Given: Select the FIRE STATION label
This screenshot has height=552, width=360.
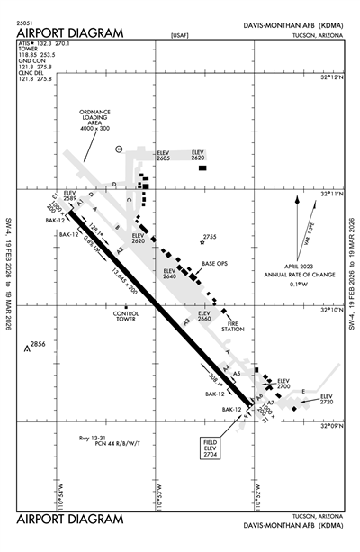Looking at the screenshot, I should click(234, 327).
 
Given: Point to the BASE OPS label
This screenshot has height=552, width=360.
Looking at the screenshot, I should click(215, 263).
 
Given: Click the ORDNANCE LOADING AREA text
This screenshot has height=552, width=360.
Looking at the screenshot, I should click(99, 122).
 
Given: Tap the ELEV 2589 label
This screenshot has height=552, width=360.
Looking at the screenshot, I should click(75, 195).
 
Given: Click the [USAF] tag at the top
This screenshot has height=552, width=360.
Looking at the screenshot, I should click(180, 36).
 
